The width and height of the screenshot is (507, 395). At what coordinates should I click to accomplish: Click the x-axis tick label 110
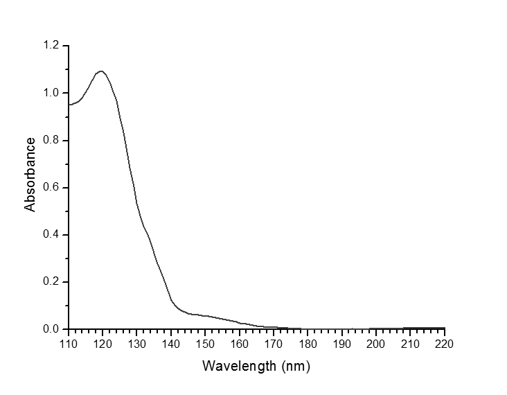[69, 343]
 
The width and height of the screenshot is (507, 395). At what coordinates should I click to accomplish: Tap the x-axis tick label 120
[103, 343]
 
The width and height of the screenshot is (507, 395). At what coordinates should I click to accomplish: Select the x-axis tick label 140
[171, 343]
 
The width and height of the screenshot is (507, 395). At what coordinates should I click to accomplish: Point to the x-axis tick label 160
[240, 343]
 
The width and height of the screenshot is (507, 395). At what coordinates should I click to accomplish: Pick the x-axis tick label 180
[308, 343]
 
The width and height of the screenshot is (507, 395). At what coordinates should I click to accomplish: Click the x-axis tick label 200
[376, 343]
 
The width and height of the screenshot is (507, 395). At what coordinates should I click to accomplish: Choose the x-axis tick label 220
[445, 343]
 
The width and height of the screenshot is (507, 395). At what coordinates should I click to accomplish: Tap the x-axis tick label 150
[205, 343]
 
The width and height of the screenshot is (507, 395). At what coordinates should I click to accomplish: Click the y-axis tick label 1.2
[53, 46]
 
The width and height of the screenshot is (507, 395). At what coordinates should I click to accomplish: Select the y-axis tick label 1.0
[53, 94]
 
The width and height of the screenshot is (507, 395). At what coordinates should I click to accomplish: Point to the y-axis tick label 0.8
[53, 141]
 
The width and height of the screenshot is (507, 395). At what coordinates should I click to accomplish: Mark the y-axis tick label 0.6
[53, 188]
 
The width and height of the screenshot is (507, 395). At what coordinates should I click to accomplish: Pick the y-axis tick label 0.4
[53, 235]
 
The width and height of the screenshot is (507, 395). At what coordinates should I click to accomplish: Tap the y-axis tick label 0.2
[53, 282]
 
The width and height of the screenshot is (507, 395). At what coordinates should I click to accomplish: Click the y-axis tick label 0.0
[53, 329]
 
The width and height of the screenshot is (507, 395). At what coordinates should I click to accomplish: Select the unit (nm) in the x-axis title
[295, 365]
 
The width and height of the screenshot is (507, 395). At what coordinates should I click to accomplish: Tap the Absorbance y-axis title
[30, 174]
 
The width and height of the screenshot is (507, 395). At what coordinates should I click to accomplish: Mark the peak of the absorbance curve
[102, 71]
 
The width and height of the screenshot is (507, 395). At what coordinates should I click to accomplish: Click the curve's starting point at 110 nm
[69, 105]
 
